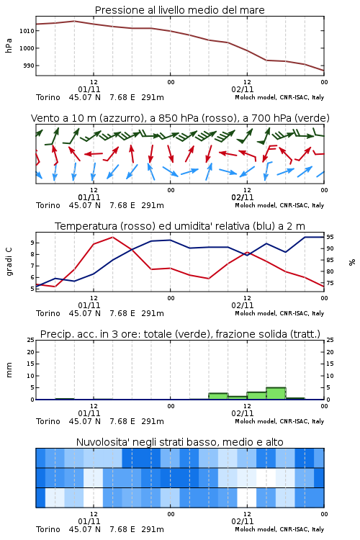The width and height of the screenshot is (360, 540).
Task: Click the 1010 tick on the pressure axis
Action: tap(27, 31)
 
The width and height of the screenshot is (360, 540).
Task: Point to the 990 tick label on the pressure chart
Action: tap(29, 66)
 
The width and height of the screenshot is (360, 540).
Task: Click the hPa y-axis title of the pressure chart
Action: tap(9, 45)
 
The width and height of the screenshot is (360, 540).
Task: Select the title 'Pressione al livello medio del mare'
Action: tap(180, 10)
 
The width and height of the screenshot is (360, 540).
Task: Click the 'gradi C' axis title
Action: tap(9, 261)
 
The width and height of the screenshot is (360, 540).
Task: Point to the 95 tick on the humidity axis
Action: tap(330, 237)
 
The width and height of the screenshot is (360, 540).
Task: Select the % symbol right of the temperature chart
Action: tap(352, 262)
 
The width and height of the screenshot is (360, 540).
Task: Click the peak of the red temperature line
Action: tap(112, 237)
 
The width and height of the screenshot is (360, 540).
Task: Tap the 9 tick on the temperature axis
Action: tap(32, 243)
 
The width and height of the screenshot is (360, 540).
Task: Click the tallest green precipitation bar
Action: tap(276, 393)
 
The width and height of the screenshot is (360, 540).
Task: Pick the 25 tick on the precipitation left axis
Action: tap(31, 340)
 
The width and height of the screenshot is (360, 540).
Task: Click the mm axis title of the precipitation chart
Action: tap(9, 370)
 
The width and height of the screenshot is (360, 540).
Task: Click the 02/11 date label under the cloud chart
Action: tap(243, 521)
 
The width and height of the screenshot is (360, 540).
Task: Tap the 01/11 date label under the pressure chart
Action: tap(89, 89)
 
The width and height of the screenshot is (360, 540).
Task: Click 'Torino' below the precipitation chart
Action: tap(48, 421)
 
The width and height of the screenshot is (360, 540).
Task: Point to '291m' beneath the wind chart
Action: tap(153, 205)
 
